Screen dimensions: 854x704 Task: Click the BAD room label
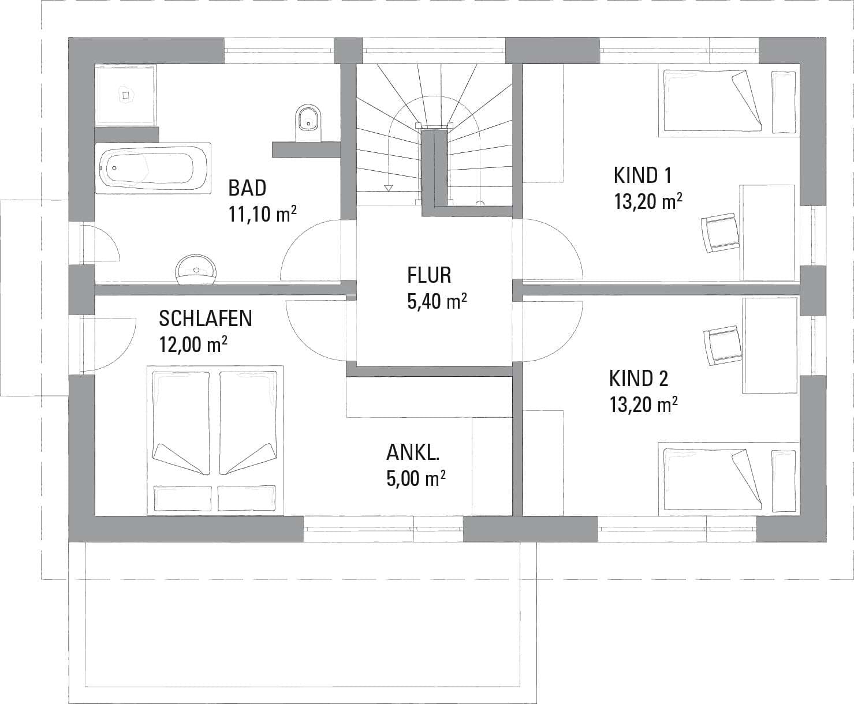pyautogui.click(x=247, y=188)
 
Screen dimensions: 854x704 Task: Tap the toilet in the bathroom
pyautogui.click(x=308, y=123)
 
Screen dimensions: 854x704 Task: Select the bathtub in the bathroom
pyautogui.click(x=153, y=168)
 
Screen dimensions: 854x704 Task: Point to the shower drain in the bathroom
pyautogui.click(x=126, y=95)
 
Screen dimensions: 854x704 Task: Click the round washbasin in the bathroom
pyautogui.click(x=196, y=269)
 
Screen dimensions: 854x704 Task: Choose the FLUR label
pyautogui.click(x=429, y=275)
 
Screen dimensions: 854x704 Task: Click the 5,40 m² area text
pyautogui.click(x=437, y=301)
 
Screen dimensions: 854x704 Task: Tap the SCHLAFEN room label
pyautogui.click(x=206, y=319)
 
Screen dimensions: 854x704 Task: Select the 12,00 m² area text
pyautogui.click(x=193, y=344)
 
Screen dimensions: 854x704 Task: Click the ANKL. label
pyautogui.click(x=413, y=452)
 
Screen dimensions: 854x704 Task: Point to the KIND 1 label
pyautogui.click(x=642, y=175)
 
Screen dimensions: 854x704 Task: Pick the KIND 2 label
pyautogui.click(x=639, y=379)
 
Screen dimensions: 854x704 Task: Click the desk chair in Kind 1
pyautogui.click(x=720, y=233)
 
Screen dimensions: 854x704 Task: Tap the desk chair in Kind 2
pyautogui.click(x=722, y=346)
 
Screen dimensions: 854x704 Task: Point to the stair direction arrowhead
pyautogui.click(x=389, y=188)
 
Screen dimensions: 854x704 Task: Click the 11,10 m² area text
pyautogui.click(x=262, y=214)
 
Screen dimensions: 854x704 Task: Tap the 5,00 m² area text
pyautogui.click(x=416, y=478)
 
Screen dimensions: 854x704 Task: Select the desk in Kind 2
pyautogui.click(x=770, y=346)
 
